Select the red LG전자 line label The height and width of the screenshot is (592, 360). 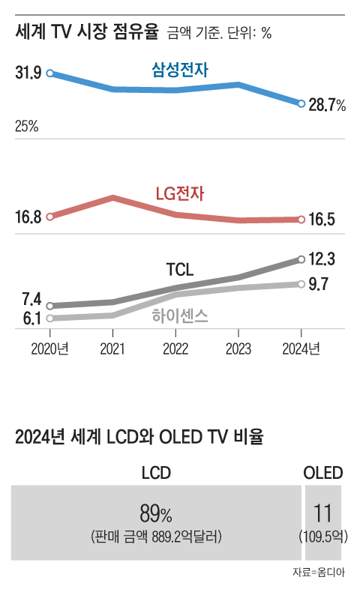click(180, 194)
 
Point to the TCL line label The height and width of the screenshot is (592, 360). click(179, 270)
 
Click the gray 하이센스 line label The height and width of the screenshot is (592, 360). click(180, 316)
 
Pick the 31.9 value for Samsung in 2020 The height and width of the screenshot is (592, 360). click(28, 73)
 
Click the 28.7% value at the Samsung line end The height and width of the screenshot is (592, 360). click(327, 105)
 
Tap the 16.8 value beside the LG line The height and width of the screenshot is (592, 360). click(28, 217)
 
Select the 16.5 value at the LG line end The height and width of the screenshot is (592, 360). click(321, 220)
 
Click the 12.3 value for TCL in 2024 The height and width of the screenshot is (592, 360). click(321, 259)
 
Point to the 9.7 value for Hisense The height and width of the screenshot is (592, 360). click(319, 285)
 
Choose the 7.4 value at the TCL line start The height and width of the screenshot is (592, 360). click(31, 299)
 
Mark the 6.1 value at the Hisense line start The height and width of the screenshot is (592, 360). click(31, 318)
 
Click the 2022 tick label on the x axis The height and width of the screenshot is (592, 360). click(175, 348)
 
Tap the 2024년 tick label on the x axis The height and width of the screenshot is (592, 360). click(301, 348)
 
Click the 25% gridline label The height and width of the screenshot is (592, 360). click(26, 127)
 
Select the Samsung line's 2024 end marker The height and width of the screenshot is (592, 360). click(301, 104)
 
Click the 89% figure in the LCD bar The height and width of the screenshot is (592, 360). click(156, 514)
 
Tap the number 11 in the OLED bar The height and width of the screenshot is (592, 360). click(323, 514)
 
